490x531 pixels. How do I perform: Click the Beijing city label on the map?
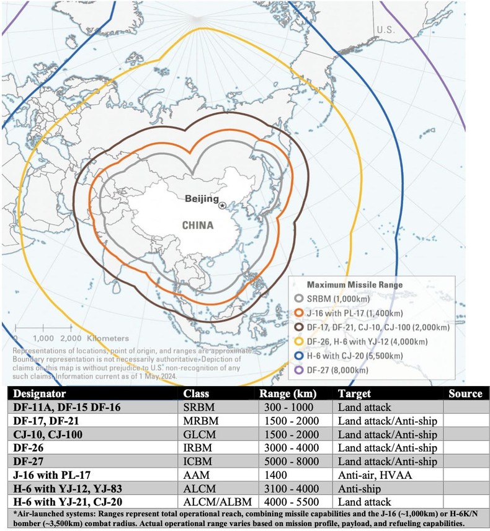tap(202, 199)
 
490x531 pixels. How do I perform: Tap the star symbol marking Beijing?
tap(222, 205)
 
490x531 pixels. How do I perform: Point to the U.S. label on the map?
tap(385, 29)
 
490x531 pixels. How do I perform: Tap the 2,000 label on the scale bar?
tap(72, 338)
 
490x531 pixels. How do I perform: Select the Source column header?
tap(465, 393)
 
